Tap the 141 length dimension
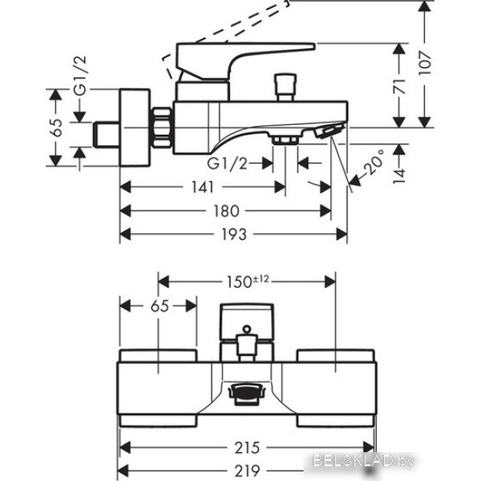point(202,187)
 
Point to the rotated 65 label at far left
point(54,128)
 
